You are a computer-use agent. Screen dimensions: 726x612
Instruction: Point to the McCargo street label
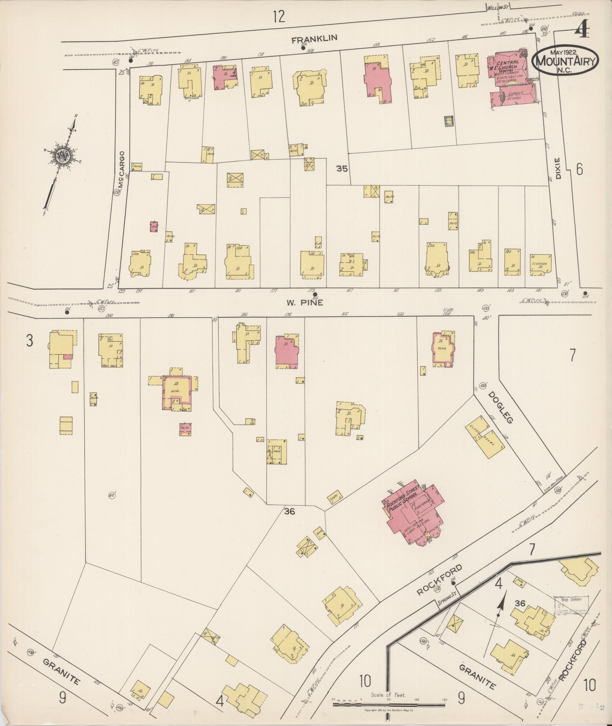[x=122, y=169]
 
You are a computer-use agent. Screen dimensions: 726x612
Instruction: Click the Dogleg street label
[x=500, y=407]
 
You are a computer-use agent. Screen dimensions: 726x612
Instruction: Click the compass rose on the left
[x=62, y=156]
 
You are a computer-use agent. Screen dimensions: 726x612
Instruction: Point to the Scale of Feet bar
[x=389, y=705]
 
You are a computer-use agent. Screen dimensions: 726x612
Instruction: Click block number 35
[x=341, y=169]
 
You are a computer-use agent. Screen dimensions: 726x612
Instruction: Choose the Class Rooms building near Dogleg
[x=485, y=438]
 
